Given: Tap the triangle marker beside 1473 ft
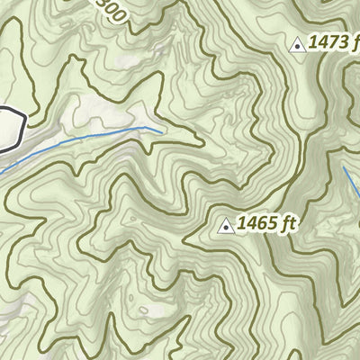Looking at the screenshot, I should coord(298,43).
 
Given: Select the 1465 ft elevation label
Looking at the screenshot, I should coord(265,224).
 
